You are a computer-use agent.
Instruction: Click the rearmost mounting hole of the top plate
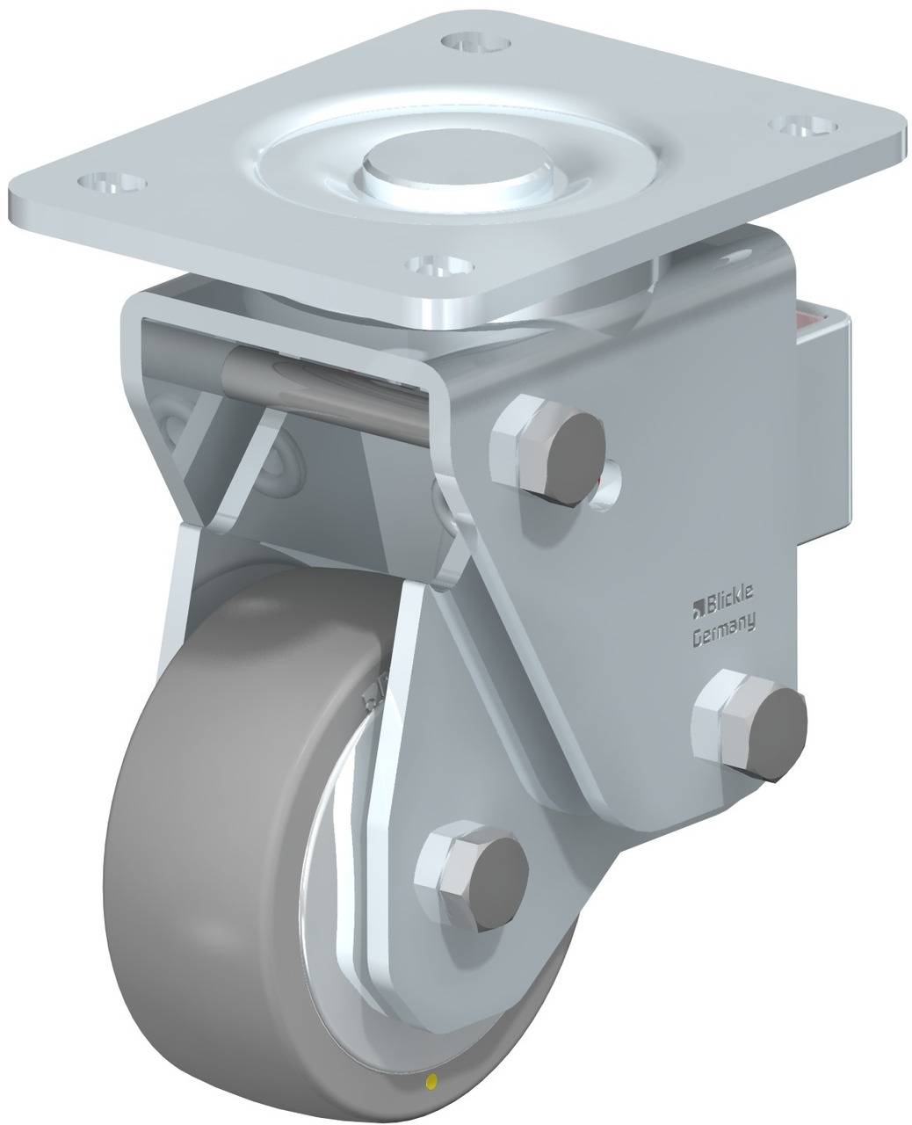[x=478, y=41]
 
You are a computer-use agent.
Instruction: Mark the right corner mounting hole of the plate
[x=800, y=127]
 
